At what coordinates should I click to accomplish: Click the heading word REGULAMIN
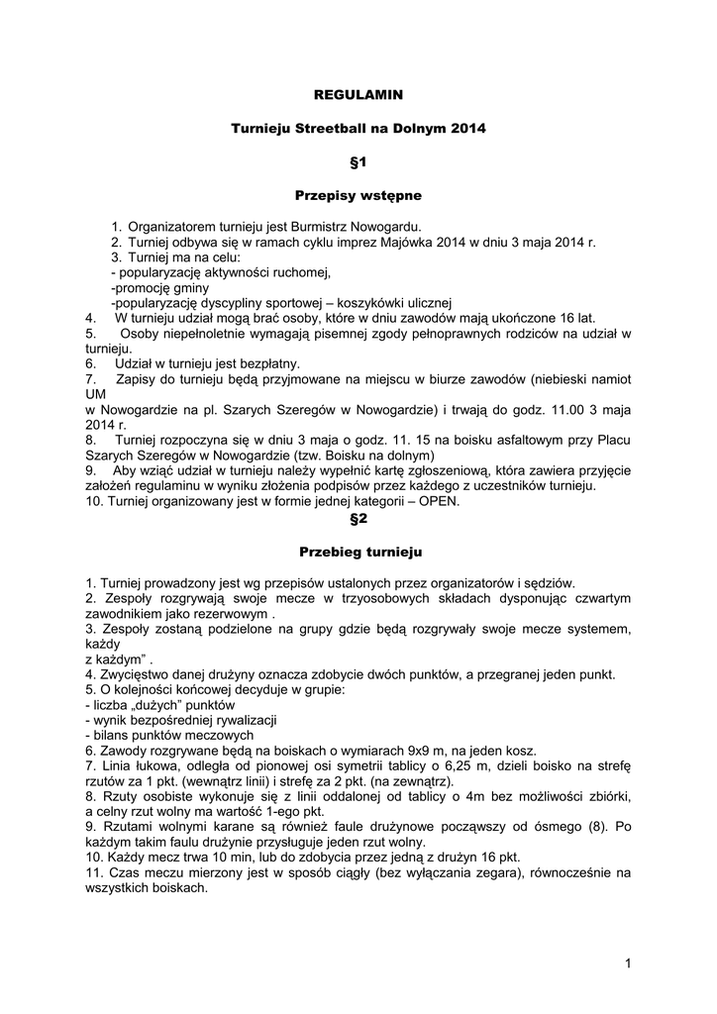(358, 95)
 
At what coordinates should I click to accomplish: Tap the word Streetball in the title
(330, 128)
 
